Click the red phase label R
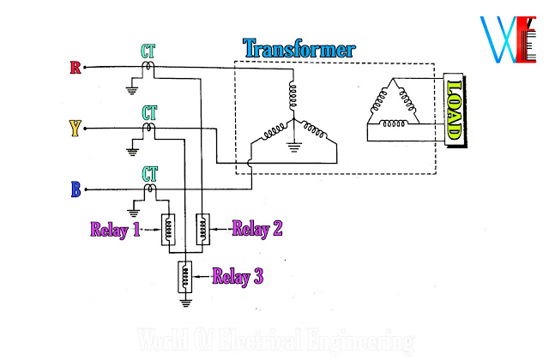pos(75,68)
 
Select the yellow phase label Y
pos(75,129)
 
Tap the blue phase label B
pos(75,189)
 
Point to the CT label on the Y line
pos(149,111)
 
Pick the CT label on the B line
pos(149,173)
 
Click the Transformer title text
pos(299,48)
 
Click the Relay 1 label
pos(116,229)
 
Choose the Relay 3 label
pos(238,276)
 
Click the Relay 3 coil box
pos(184,276)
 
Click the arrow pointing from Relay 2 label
pos(221,229)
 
